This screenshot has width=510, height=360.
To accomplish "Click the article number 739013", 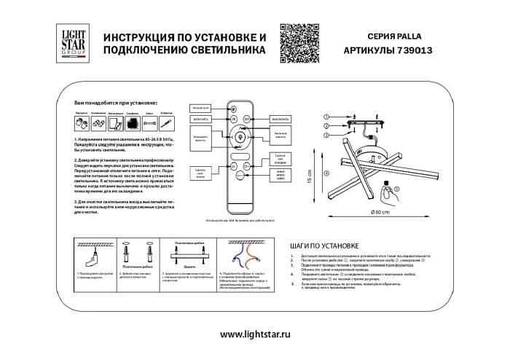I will (x=419, y=52).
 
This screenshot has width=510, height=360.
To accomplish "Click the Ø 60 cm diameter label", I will (x=380, y=211).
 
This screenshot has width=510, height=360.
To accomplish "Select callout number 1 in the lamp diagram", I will (x=327, y=117).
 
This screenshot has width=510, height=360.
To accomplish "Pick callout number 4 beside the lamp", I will (x=327, y=172).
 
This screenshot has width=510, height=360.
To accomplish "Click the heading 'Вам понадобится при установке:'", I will (x=116, y=106).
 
